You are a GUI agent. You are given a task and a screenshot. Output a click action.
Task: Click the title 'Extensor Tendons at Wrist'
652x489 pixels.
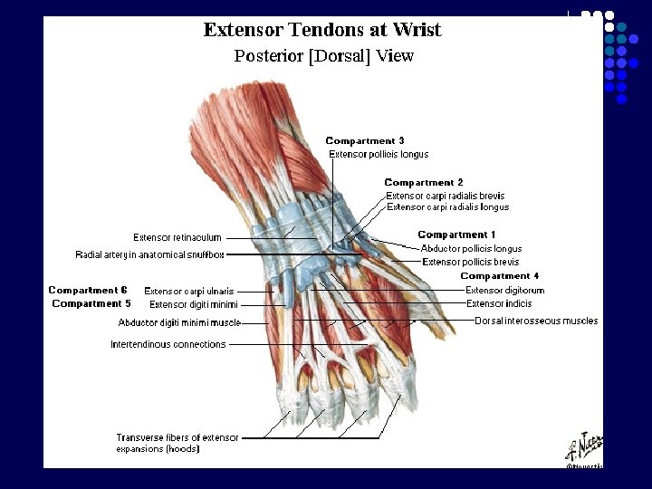(x=322, y=30)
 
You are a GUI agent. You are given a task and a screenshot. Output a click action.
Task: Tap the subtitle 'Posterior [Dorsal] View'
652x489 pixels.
(x=323, y=56)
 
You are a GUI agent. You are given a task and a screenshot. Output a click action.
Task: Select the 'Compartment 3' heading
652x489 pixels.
(x=365, y=141)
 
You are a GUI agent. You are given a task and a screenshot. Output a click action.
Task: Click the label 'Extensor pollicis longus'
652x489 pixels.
(x=379, y=155)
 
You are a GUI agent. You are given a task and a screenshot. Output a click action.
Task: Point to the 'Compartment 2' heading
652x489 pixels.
(x=424, y=183)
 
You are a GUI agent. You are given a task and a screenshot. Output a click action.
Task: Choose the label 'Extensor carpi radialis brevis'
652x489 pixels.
(x=446, y=196)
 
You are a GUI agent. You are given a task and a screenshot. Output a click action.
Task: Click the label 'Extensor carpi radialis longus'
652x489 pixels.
(x=447, y=207)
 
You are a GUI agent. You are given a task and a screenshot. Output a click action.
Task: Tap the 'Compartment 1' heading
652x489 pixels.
(x=456, y=235)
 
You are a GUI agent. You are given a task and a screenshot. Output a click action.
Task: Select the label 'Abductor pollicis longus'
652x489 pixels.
(x=471, y=249)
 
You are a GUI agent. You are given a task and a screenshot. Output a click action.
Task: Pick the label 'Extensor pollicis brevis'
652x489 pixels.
(x=470, y=263)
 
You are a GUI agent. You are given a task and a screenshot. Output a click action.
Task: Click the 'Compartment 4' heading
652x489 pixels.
(x=500, y=276)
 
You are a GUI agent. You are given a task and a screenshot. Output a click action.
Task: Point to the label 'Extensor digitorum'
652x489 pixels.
(x=504, y=291)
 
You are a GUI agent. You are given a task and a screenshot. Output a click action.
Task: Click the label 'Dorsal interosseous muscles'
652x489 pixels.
(x=536, y=321)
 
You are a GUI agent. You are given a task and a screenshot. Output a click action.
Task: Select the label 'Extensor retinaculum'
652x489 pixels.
(x=177, y=238)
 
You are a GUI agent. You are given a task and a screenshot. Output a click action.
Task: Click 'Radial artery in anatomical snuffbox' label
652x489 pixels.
(x=149, y=255)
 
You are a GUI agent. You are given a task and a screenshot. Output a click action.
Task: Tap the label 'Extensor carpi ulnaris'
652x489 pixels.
(x=189, y=292)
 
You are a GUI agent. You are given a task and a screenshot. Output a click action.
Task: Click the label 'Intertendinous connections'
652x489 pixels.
(x=168, y=344)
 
